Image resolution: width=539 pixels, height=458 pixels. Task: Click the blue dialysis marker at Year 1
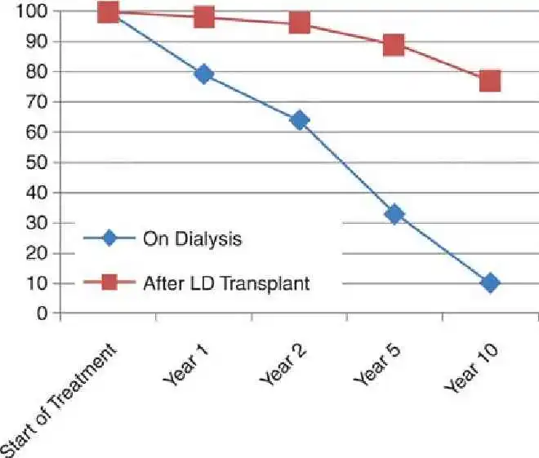pyautogui.click(x=204, y=74)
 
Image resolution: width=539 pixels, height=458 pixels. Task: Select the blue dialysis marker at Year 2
pyautogui.click(x=299, y=120)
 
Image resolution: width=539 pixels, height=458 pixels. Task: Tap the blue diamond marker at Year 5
pyautogui.click(x=394, y=214)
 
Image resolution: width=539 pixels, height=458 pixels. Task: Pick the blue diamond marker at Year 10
pyautogui.click(x=490, y=283)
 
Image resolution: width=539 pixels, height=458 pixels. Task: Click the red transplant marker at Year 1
pyautogui.click(x=204, y=17)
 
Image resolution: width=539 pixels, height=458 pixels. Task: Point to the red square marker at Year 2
pyautogui.click(x=299, y=23)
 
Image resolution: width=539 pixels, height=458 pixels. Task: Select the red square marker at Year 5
pyautogui.click(x=394, y=44)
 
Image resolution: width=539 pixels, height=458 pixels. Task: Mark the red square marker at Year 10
pyautogui.click(x=490, y=80)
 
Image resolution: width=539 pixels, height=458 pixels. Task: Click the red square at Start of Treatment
pyautogui.click(x=108, y=11)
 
